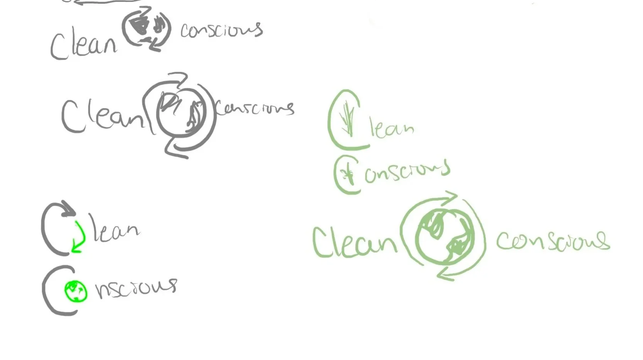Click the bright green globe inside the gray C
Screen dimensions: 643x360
click(x=76, y=291)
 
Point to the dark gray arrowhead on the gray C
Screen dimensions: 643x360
click(x=69, y=208)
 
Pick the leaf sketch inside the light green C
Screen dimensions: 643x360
click(x=348, y=119)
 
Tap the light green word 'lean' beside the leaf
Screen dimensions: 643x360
click(x=391, y=129)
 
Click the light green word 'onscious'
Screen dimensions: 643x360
click(x=407, y=172)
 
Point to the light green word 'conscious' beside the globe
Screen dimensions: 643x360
click(x=552, y=241)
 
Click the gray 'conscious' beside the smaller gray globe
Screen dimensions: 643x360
click(x=221, y=30)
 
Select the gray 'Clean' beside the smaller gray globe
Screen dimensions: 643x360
click(x=83, y=45)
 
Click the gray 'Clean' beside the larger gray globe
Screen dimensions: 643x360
click(x=102, y=116)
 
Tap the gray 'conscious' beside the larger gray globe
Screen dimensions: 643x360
click(x=255, y=108)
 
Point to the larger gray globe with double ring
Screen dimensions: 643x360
click(x=181, y=114)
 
